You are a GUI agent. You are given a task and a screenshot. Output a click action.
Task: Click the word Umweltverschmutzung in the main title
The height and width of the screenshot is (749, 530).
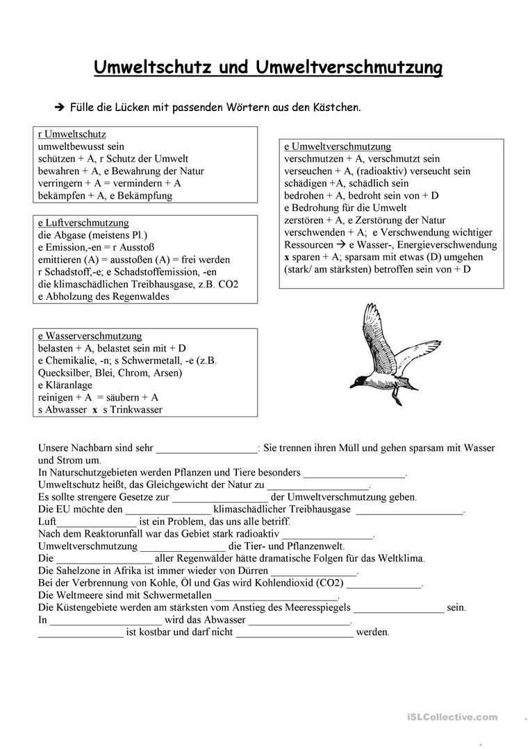point(349,68)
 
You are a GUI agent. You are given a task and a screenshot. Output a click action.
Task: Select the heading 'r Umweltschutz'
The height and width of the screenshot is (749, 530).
point(72,135)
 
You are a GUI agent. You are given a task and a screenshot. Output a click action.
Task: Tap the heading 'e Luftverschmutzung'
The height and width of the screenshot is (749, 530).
point(83,223)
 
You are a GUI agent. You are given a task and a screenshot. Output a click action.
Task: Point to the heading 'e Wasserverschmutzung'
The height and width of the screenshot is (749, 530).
point(90,336)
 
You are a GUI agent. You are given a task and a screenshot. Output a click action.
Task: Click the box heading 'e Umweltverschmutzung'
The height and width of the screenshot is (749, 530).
point(338,146)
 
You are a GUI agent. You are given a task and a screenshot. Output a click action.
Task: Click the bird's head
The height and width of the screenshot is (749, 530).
point(357,380)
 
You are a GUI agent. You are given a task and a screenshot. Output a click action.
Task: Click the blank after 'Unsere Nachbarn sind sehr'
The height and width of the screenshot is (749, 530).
point(206,448)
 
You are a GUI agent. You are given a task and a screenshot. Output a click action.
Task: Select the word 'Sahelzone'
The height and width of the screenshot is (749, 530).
point(80,571)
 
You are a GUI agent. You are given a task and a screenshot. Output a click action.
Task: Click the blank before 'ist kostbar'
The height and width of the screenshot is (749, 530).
point(80,632)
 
